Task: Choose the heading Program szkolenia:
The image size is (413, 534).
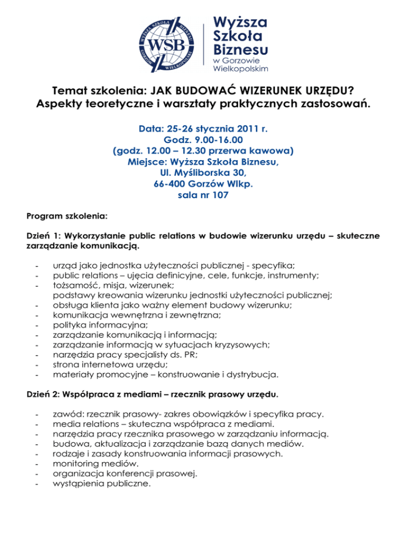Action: point(67,218)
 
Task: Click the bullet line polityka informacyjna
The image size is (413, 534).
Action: point(98,326)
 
